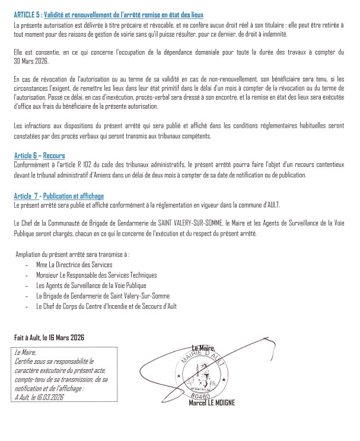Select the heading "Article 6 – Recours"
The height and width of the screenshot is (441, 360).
coord(36,155)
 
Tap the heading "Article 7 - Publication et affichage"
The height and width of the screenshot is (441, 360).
coord(59,196)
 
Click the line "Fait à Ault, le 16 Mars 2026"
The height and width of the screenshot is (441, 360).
coord(49,337)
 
